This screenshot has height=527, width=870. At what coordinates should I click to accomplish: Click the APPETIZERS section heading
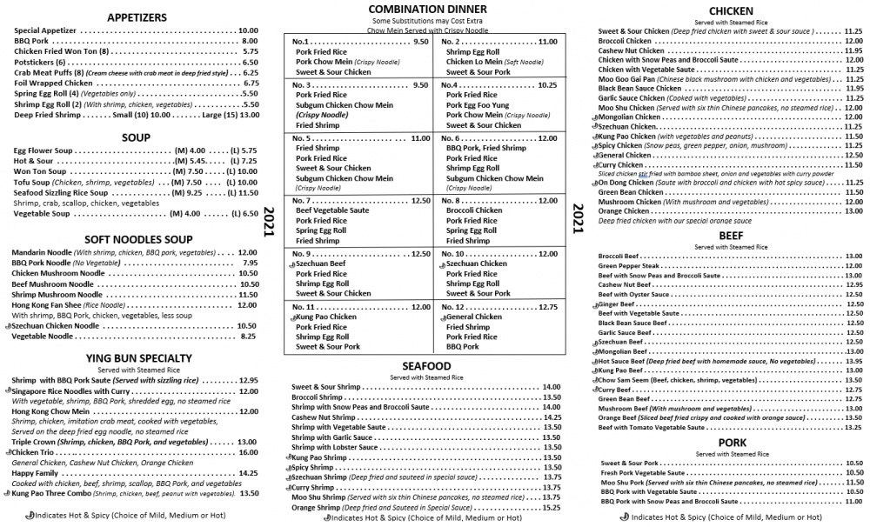point(137,17)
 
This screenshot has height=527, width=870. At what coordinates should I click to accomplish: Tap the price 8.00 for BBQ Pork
point(250,41)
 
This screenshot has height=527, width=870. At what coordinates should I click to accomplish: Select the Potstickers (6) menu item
point(40,63)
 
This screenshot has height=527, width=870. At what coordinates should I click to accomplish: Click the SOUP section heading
point(137,137)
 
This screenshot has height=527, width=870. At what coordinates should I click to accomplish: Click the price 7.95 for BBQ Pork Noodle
point(250,263)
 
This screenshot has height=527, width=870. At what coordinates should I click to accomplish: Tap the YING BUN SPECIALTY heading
point(138,357)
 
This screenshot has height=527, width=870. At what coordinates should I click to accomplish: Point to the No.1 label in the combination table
point(302,42)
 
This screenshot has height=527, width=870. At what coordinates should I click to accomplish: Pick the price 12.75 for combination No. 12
point(547,307)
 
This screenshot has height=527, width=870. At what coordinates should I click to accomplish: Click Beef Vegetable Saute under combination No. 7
point(333,210)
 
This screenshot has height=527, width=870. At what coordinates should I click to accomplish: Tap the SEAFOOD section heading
point(425,366)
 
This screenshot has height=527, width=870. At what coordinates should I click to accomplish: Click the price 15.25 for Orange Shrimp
point(551,508)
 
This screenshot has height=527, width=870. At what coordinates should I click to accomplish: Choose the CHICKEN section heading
point(731,10)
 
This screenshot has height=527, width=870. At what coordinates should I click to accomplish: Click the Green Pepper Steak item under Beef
point(631,265)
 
